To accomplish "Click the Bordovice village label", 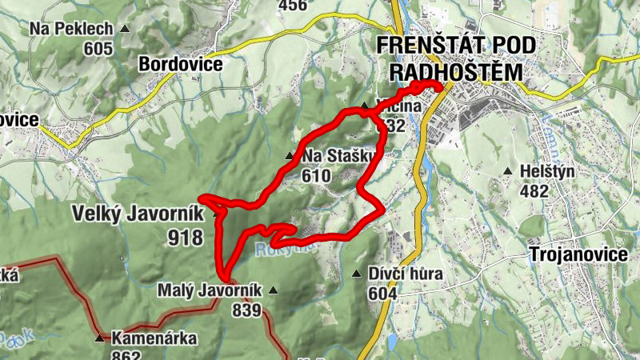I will pyautogui.click(x=180, y=63).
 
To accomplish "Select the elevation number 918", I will pyautogui.click(x=186, y=237).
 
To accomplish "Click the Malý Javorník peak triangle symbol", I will pyautogui.click(x=274, y=290).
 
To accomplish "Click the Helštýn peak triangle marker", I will pyautogui.click(x=507, y=171).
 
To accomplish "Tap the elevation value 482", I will pyautogui.click(x=534, y=191).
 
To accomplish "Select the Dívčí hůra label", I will pyautogui.click(x=406, y=274).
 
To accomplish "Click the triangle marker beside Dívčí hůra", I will pyautogui.click(x=357, y=274).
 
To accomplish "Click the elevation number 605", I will pyautogui.click(x=98, y=49).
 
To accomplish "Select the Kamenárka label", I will pyautogui.click(x=154, y=338).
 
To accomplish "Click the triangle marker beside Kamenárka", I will pyautogui.click(x=99, y=338).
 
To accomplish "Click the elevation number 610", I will pyautogui.click(x=318, y=175).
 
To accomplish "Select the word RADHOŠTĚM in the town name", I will pyautogui.click(x=455, y=73).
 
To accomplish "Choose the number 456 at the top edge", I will pyautogui.click(x=292, y=6).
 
